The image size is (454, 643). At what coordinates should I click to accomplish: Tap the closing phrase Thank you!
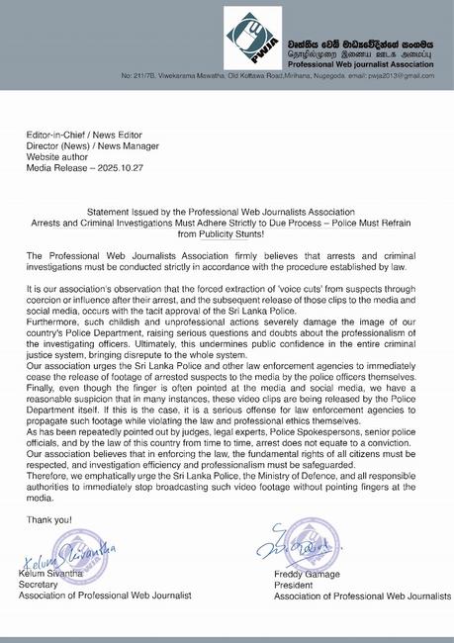point(48,518)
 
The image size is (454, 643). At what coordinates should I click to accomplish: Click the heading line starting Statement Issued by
point(227,213)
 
